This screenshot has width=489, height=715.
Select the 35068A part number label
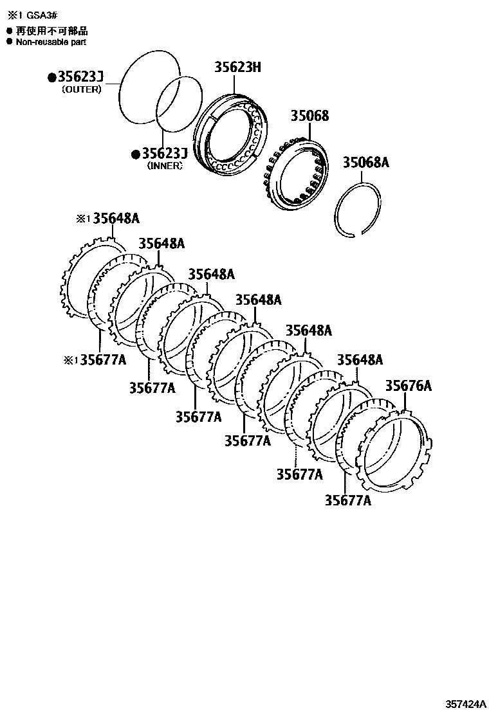click(x=365, y=162)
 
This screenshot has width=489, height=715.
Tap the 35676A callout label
click(x=408, y=386)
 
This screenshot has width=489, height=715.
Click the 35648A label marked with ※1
click(x=116, y=218)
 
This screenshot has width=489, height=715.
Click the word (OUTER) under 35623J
click(x=81, y=89)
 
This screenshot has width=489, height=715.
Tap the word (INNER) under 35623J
click(x=165, y=165)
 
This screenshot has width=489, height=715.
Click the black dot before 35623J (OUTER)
click(x=51, y=78)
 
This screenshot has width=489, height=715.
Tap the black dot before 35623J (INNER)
click(x=135, y=154)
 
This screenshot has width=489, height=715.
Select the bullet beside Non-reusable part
click(x=9, y=42)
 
